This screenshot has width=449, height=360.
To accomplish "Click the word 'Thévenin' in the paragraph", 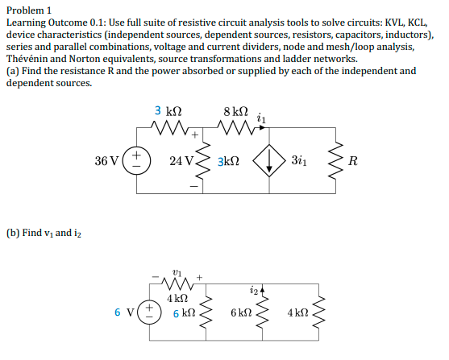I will (29, 59).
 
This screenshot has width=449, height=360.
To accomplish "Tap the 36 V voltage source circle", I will (136, 161).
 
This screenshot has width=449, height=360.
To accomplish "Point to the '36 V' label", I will (106, 161).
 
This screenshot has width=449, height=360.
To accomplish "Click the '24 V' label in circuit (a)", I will (181, 161).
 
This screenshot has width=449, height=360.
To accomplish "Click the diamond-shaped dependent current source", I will (268, 161).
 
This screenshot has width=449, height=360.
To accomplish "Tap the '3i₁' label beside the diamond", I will (302, 161).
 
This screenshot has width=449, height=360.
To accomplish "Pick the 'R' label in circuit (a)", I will (353, 161).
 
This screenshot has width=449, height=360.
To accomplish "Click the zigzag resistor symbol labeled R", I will (335, 161).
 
